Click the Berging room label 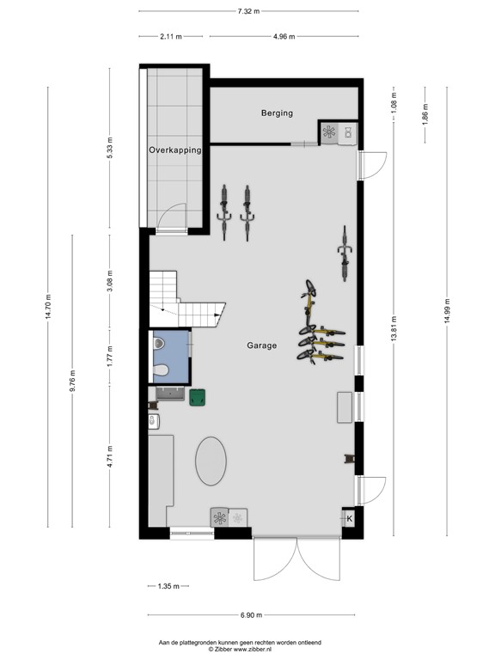(277, 113)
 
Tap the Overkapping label (174, 150)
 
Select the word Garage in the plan (262, 345)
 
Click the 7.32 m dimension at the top (248, 11)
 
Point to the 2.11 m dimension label (172, 36)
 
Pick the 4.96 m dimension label (284, 36)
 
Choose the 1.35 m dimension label (168, 586)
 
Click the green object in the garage (199, 397)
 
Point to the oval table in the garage (211, 461)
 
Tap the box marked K (349, 518)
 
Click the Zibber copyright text (240, 649)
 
